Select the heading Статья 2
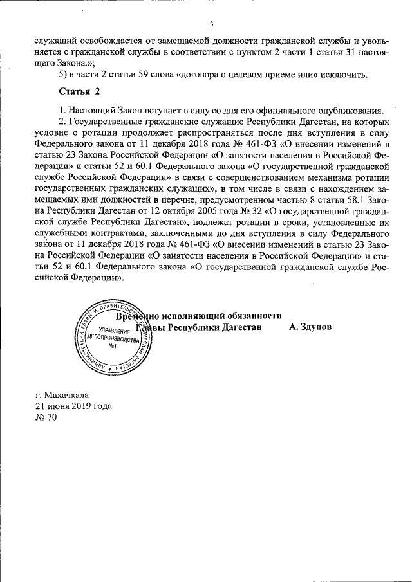(79, 91)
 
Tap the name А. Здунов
(310, 327)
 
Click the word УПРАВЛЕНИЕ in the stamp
(110, 329)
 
